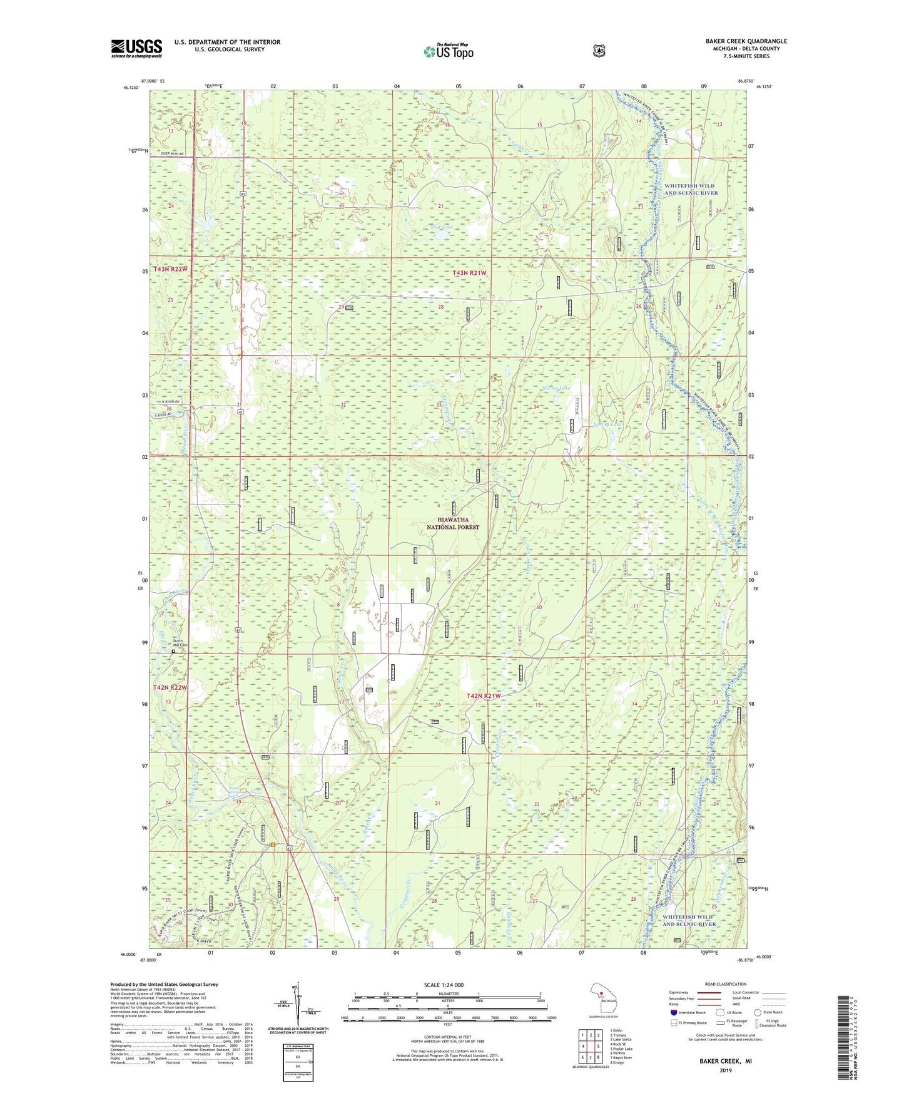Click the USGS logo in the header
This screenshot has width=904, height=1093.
pyautogui.click(x=136, y=48)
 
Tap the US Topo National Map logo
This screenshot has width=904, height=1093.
pyautogui.click(x=448, y=51)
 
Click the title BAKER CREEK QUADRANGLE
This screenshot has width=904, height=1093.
pyautogui.click(x=746, y=41)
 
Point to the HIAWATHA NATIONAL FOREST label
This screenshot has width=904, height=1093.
pyautogui.click(x=453, y=523)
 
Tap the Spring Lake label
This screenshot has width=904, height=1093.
pyautogui.click(x=607, y=424)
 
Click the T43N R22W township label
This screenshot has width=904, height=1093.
pyautogui.click(x=170, y=269)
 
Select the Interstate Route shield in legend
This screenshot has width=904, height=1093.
pyautogui.click(x=674, y=1012)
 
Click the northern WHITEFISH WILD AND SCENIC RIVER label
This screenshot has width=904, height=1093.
pyautogui.click(x=691, y=189)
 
